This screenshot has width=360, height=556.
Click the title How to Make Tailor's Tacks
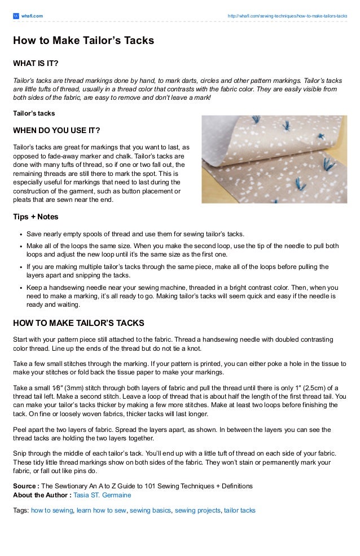[x=84, y=41]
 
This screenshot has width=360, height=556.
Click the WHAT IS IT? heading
[x=36, y=62]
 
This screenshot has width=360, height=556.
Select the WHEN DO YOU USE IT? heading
[x=56, y=131]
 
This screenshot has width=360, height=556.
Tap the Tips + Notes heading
[x=36, y=217]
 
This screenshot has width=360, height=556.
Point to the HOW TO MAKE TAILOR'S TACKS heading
[x=78, y=323]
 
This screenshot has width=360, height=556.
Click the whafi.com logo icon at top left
[x=16, y=16]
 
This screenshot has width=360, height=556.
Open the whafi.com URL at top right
[x=287, y=16]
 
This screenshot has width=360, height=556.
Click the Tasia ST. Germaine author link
[x=102, y=495]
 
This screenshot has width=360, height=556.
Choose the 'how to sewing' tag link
[x=52, y=510]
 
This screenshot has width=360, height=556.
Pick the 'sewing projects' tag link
[x=197, y=510]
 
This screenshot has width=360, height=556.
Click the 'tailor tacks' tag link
[x=240, y=510]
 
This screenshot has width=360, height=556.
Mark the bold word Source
[x=25, y=486]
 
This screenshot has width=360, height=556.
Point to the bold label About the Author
[x=41, y=495]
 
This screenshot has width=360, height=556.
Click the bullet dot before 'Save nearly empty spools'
[x=20, y=234]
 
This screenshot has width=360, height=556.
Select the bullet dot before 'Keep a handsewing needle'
[x=20, y=287]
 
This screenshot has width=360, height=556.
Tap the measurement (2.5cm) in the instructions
[x=297, y=389]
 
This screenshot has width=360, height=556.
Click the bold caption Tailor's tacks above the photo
[x=34, y=113]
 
